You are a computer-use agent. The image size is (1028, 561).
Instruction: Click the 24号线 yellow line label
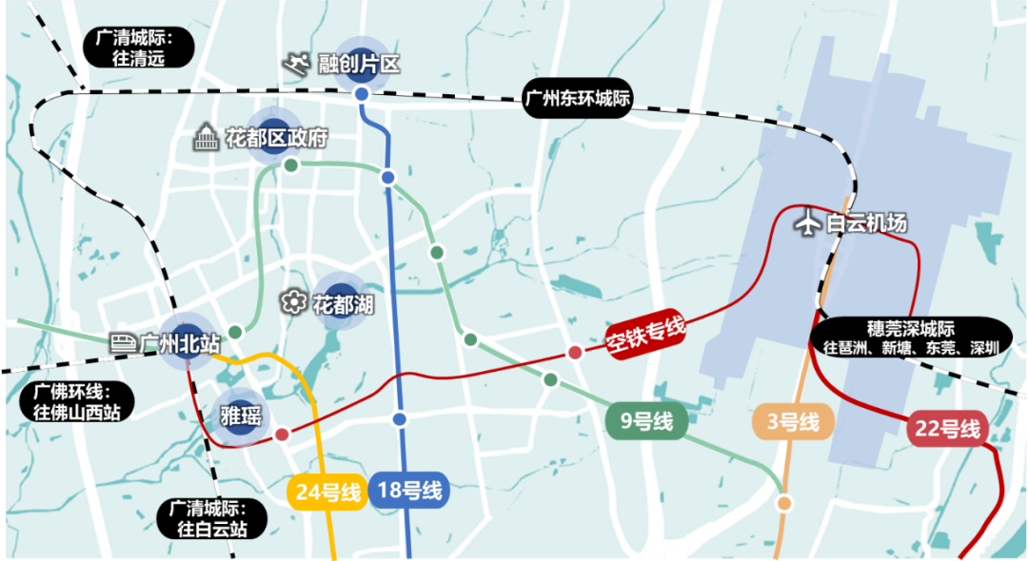(x=326, y=493)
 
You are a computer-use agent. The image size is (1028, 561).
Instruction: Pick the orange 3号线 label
(x=793, y=421)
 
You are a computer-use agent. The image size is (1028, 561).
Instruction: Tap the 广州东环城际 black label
(x=578, y=98)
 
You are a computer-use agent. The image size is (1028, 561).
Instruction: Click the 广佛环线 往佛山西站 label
(x=73, y=401)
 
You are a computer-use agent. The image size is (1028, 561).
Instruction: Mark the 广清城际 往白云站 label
(x=212, y=519)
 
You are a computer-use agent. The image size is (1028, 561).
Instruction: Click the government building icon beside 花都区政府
(x=206, y=139)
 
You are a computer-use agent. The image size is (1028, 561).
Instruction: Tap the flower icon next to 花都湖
(x=293, y=303)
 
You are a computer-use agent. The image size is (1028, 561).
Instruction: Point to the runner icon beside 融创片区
(x=297, y=64)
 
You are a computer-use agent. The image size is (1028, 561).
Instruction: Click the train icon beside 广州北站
(x=122, y=342)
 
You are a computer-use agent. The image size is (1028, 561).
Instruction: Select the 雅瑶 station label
(x=241, y=417)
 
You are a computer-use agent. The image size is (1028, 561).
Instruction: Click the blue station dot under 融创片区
(x=362, y=94)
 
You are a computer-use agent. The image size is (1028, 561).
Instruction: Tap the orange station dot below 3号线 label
(x=785, y=502)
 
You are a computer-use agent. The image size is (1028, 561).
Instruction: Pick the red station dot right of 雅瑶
(x=282, y=435)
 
